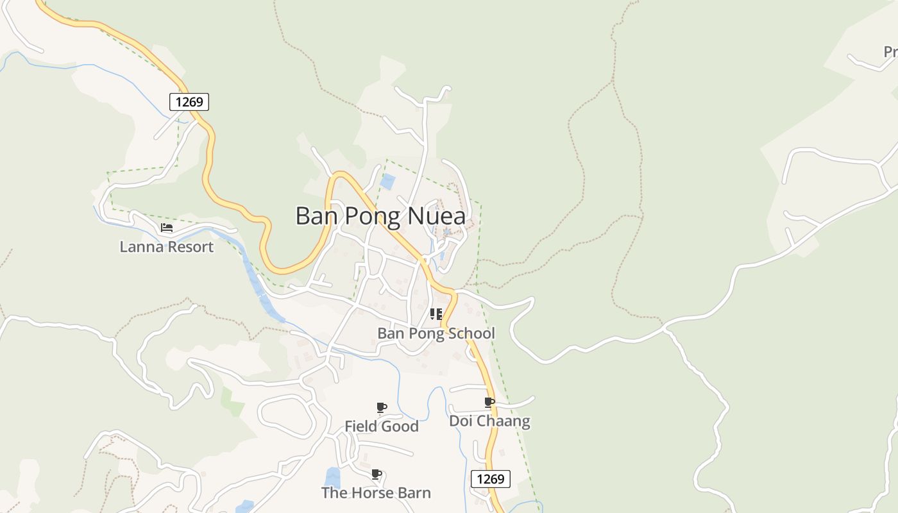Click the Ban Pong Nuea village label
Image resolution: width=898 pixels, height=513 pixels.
pos(389,216)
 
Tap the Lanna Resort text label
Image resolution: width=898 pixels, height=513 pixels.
pos(166,247)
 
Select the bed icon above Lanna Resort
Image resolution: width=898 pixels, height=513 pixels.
pos(167,228)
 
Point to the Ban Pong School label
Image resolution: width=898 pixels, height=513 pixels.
pos(436,333)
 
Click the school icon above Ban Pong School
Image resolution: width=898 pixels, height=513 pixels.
pos(436,314)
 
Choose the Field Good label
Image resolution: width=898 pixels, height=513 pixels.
pos(382,426)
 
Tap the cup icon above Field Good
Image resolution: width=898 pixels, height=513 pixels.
pos(382,407)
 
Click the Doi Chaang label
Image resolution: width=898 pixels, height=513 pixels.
pos(489,421)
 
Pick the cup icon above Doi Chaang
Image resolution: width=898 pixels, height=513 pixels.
pos(489,402)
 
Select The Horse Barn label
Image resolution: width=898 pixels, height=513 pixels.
pos(376,493)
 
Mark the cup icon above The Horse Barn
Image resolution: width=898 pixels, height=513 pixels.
pos(377,475)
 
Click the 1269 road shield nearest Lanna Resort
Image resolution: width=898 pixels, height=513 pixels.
pos(189,101)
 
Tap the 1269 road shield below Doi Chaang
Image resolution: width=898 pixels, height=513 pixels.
pos(491,478)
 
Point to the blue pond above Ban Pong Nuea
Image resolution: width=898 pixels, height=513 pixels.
pos(387,181)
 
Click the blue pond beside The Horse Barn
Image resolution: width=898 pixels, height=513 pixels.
pos(332,477)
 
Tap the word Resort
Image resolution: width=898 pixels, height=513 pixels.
pos(189,247)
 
